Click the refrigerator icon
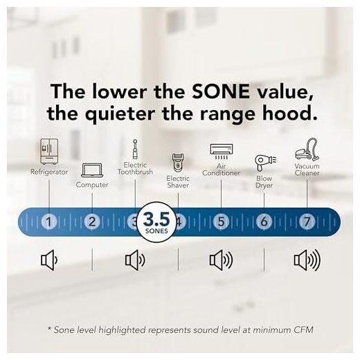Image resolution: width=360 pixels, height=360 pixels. (49, 152)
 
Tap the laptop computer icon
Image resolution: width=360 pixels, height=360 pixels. (92, 170)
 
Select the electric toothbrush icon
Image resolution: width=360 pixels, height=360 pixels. (135, 149)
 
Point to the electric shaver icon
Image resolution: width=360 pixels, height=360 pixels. (178, 163)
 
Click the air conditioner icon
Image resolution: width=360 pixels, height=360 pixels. (222, 152)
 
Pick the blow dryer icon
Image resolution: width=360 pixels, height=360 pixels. (265, 163)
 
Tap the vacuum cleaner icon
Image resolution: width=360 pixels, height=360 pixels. (307, 150)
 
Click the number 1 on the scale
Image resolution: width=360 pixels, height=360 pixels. (48, 222)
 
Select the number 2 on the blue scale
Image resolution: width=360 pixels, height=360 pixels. (92, 222)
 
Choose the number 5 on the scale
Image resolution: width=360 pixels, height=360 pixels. (221, 222)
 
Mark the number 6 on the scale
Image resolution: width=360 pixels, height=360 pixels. (264, 222)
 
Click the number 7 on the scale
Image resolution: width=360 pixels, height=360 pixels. (307, 222)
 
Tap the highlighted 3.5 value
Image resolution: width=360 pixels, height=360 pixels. (156, 219)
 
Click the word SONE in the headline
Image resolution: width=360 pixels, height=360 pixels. (221, 91)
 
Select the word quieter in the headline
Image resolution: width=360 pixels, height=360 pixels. (120, 114)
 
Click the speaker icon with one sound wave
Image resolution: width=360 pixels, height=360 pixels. (49, 260)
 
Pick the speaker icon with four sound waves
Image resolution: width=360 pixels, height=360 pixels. (307, 260)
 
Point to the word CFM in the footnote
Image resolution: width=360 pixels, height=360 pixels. (303, 330)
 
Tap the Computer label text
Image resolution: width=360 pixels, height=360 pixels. (92, 185)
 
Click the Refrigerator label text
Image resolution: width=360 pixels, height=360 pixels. (49, 172)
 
